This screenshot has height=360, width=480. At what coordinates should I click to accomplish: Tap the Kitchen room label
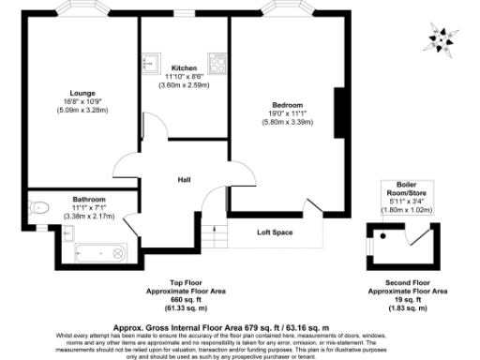click(184, 68)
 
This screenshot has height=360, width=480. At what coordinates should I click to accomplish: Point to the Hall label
click(186, 180)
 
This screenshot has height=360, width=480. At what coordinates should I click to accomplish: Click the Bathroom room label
click(89, 199)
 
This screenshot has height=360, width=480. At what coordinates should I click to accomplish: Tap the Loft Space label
click(275, 232)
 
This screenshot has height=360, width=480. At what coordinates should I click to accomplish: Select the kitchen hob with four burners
click(218, 63)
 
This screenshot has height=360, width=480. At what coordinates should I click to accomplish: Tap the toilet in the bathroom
click(37, 208)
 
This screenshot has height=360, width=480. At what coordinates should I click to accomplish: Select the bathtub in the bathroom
click(99, 250)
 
